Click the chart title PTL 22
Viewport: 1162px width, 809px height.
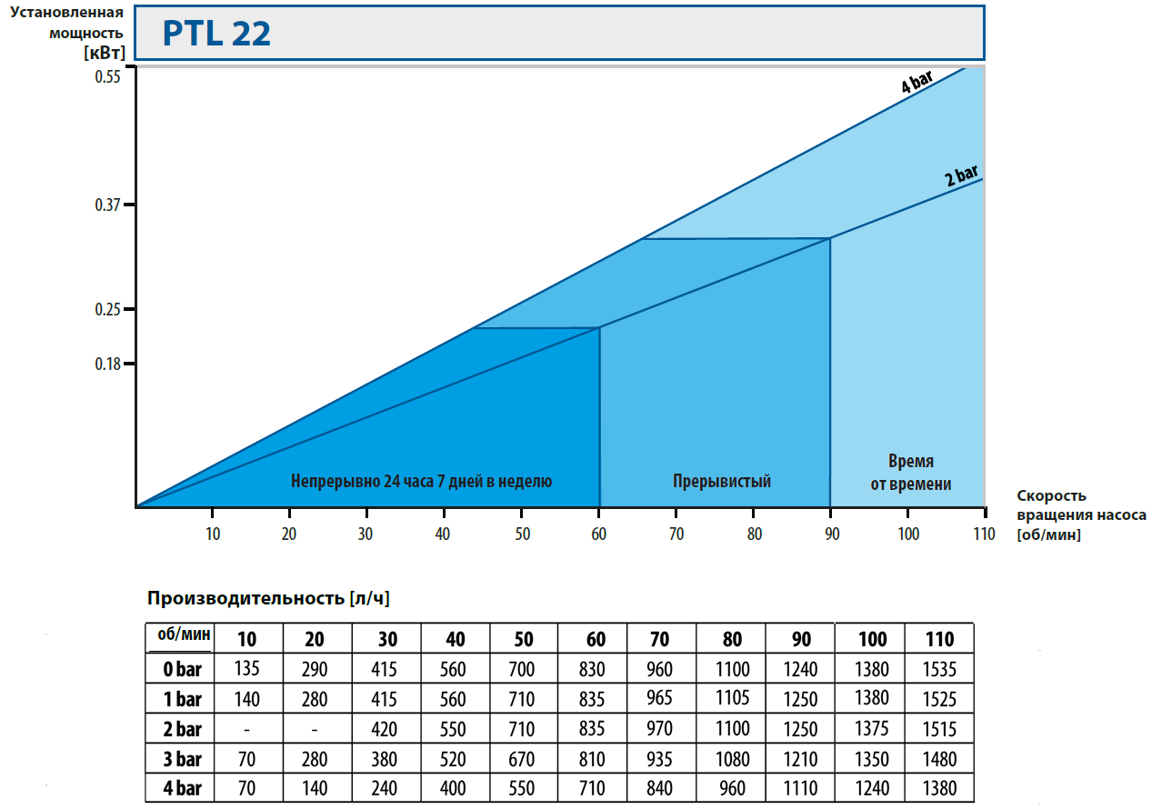pyautogui.click(x=216, y=34)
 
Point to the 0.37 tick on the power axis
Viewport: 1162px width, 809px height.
pyautogui.click(x=108, y=205)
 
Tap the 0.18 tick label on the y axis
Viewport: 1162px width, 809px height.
pyautogui.click(x=108, y=365)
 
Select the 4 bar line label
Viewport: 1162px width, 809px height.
pyautogui.click(x=917, y=85)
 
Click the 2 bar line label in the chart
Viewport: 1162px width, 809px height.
pyautogui.click(x=962, y=175)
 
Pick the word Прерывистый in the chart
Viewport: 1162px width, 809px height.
pyautogui.click(x=722, y=481)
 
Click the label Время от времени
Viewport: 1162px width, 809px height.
pyautogui.click(x=911, y=473)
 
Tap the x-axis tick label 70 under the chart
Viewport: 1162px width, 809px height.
pyautogui.click(x=676, y=534)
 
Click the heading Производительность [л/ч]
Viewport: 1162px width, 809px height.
pyautogui.click(x=268, y=598)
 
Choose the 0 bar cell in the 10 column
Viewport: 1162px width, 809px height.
pyautogui.click(x=247, y=670)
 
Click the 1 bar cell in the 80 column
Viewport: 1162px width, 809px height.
pyautogui.click(x=731, y=699)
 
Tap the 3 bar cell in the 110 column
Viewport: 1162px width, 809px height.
pyautogui.click(x=939, y=758)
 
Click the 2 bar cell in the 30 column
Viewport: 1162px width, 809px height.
pyautogui.click(x=387, y=729)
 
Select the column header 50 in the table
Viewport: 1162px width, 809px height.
pyautogui.click(x=524, y=640)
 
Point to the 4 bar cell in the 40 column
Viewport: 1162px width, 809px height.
pyautogui.click(x=456, y=787)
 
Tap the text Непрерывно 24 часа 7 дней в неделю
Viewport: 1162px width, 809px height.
pyautogui.click(x=421, y=481)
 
